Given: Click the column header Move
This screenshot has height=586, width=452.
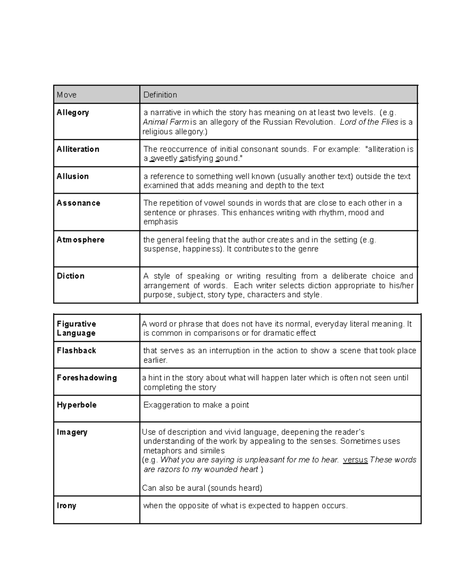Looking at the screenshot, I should click(x=67, y=95).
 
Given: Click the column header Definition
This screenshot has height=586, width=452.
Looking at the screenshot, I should click(x=160, y=95).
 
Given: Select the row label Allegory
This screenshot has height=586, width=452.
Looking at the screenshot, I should click(x=73, y=112).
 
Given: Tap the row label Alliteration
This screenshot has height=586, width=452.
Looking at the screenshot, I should click(x=78, y=149).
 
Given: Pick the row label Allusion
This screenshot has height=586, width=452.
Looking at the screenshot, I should click(x=73, y=176).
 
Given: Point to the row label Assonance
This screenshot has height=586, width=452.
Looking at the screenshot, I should click(x=78, y=203).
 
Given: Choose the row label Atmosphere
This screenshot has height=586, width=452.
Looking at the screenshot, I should click(x=81, y=240).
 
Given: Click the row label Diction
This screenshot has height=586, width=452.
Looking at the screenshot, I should click(x=70, y=276).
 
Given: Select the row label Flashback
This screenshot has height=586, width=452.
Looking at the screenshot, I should click(x=76, y=351).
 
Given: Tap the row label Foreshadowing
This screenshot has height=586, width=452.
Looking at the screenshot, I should click(x=87, y=378).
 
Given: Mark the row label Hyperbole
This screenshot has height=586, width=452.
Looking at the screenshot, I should click(x=77, y=405).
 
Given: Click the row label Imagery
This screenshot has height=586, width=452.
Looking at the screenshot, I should click(x=72, y=432).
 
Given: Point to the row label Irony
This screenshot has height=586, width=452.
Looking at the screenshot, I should click(x=67, y=506).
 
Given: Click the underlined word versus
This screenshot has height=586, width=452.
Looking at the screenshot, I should click(x=355, y=460).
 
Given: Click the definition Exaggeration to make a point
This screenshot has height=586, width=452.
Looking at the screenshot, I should click(x=196, y=405).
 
